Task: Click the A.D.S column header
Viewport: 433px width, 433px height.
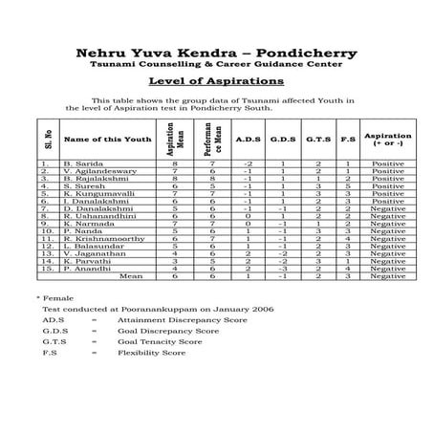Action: [244, 141]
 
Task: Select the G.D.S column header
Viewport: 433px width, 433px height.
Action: [282, 141]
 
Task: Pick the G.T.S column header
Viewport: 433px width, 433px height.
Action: [318, 141]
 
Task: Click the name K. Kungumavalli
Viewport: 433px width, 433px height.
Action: [95, 194]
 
